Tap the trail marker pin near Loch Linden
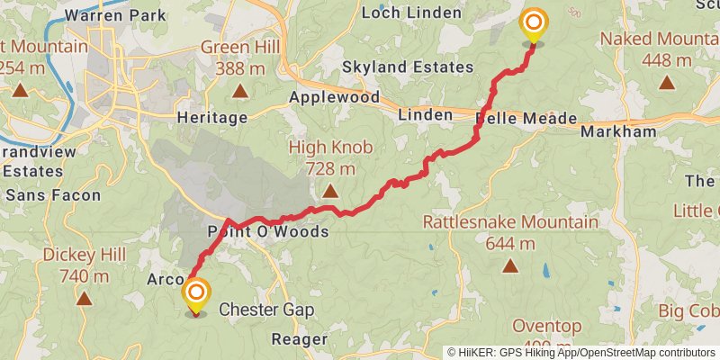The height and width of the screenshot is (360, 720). [x=534, y=24]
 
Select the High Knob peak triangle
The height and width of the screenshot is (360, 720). [x=330, y=191]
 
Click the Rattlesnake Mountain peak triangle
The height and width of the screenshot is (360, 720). [x=510, y=265]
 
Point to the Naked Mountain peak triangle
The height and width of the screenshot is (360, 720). [x=666, y=84]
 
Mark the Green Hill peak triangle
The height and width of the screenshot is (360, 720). [x=239, y=91]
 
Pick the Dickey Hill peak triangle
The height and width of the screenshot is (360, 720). [x=84, y=299]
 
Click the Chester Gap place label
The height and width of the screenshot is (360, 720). [x=266, y=310]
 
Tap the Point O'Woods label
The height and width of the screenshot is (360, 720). [x=268, y=232]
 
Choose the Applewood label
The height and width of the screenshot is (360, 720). [x=334, y=97]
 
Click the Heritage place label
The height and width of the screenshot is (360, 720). [x=212, y=118]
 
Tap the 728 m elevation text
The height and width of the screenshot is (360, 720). [x=329, y=168]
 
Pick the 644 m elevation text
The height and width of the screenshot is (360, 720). [x=509, y=243]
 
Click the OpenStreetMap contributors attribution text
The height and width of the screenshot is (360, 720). [x=648, y=353]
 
